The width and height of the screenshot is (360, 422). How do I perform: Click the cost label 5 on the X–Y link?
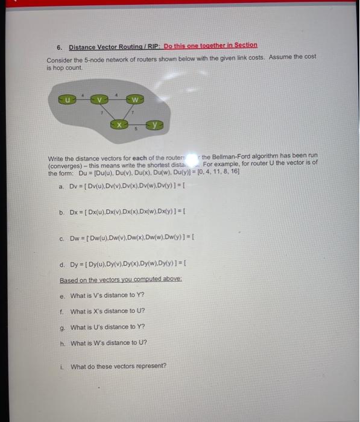tap(137, 128)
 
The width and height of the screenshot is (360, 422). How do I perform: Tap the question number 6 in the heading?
tap(58, 46)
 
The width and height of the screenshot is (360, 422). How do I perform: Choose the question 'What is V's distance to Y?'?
tap(107, 295)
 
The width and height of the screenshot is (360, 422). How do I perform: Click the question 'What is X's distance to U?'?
tap(107, 311)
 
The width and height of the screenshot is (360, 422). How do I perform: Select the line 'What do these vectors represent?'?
tap(118, 366)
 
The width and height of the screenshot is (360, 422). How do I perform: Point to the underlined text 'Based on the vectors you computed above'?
tap(115, 280)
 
